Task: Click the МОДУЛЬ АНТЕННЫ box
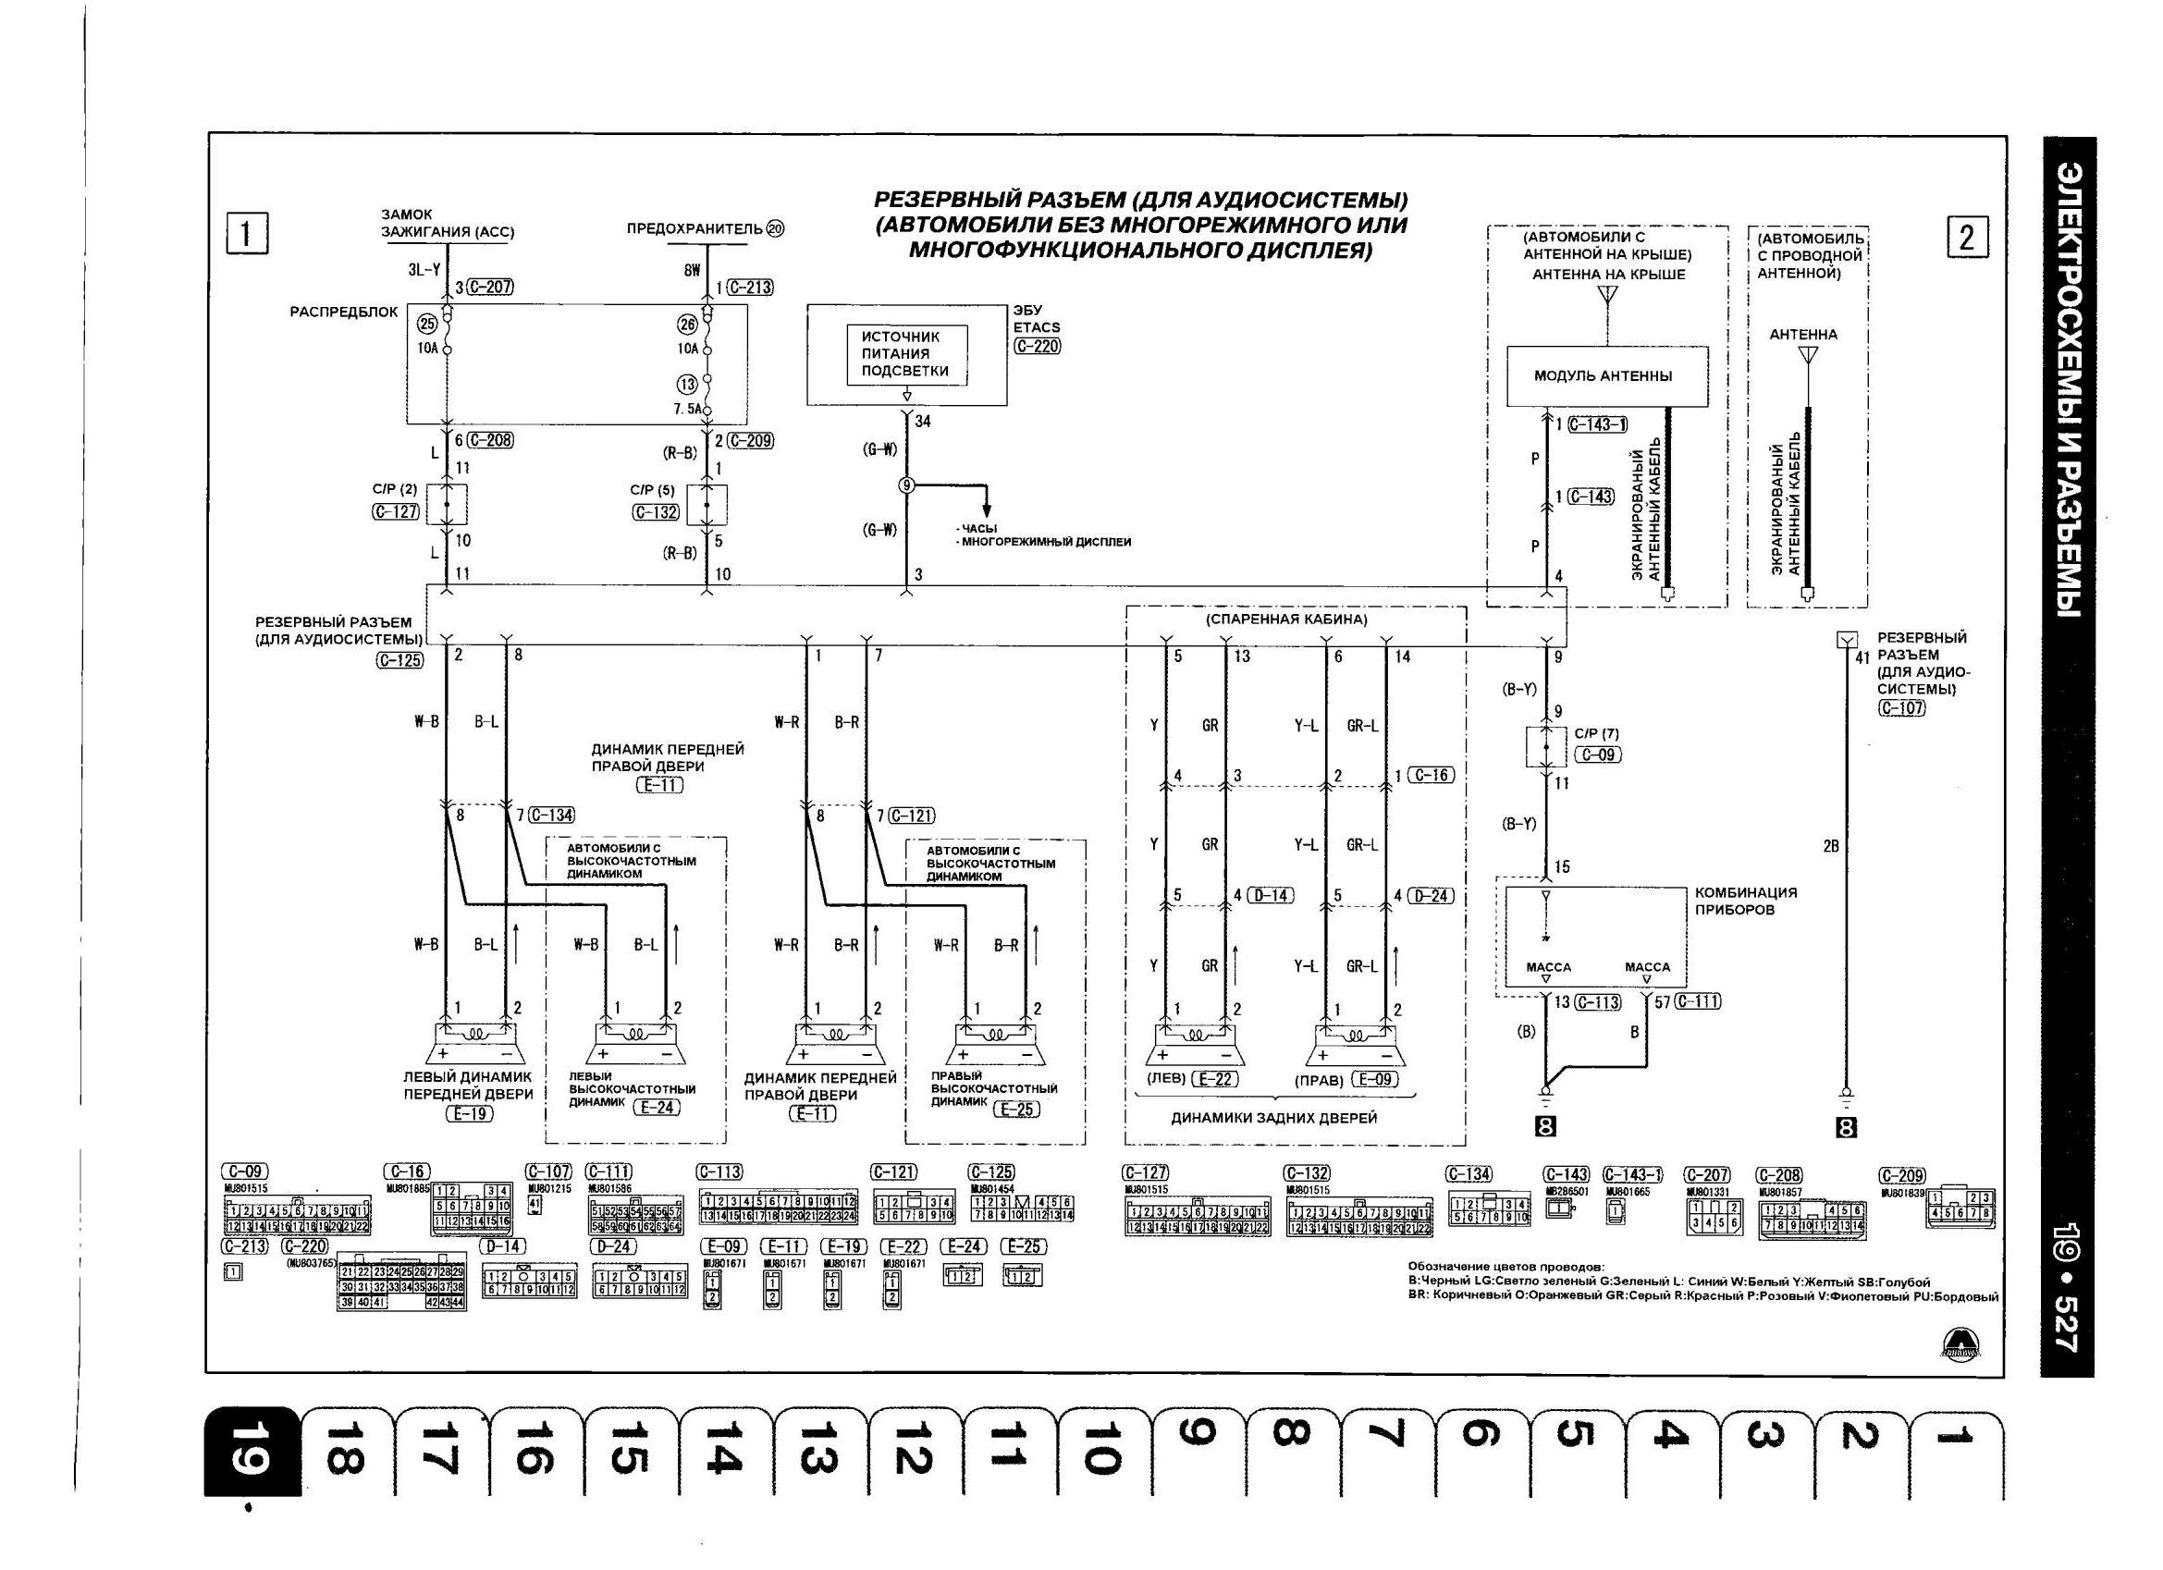click(1607, 375)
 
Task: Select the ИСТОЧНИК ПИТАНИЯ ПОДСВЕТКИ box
click(906, 354)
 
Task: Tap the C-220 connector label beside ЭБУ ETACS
click(1038, 346)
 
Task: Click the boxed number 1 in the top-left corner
click(247, 234)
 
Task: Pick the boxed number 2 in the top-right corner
click(1968, 237)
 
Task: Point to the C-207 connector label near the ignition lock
click(492, 288)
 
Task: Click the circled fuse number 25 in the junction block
click(428, 325)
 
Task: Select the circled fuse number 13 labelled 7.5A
click(687, 385)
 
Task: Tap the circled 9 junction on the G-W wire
click(906, 485)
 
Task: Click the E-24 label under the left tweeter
click(658, 1108)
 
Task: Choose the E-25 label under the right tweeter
click(1016, 1110)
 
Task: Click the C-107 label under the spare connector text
click(1901, 707)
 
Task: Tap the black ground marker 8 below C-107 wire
click(1847, 1128)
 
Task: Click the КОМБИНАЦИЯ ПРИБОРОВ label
click(1745, 901)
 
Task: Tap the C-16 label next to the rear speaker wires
click(1432, 776)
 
